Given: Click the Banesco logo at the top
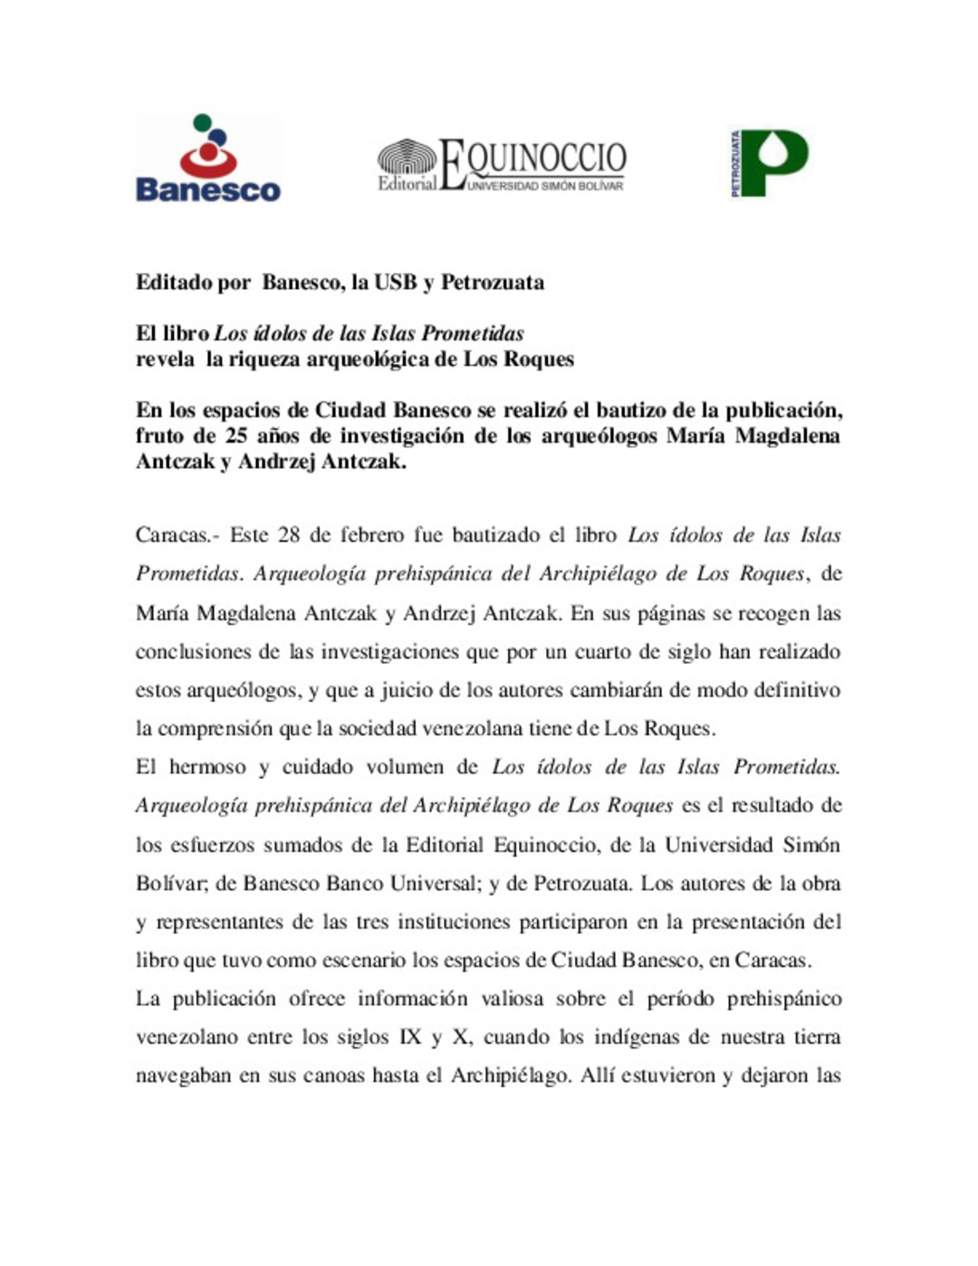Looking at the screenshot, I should [x=207, y=158].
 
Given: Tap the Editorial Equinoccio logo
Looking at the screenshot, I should [x=501, y=165].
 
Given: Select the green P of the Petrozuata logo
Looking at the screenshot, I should [x=777, y=162].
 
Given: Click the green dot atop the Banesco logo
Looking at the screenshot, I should [x=202, y=121].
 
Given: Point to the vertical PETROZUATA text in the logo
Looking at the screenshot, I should [x=735, y=163].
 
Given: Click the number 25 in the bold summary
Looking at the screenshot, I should [x=236, y=436].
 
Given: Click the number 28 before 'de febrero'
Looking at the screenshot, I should [x=288, y=535].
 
